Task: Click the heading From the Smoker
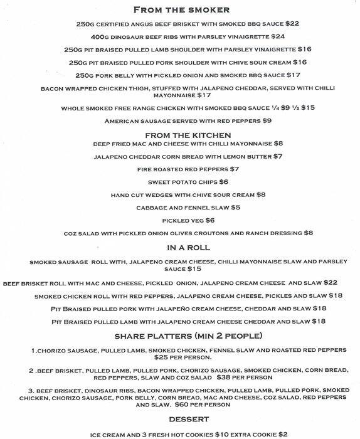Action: (x=180, y=10)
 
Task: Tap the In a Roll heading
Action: (x=180, y=248)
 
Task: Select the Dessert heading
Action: (x=180, y=418)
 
